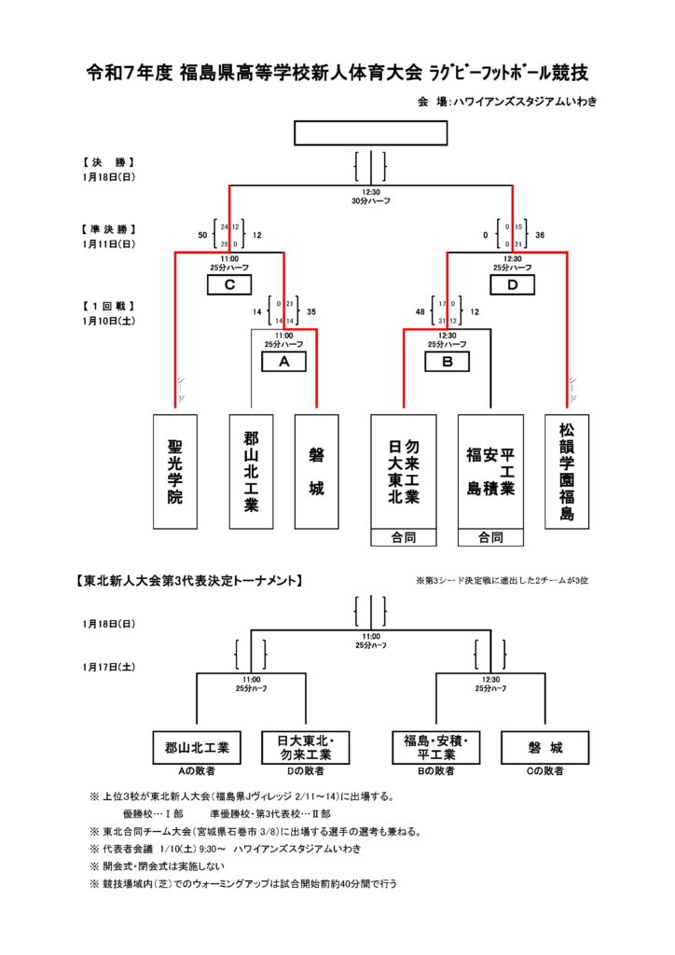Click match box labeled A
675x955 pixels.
click(284, 362)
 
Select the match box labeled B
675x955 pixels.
click(448, 362)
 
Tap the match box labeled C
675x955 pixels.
click(229, 284)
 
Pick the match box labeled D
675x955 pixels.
click(512, 284)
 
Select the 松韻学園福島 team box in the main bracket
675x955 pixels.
click(567, 472)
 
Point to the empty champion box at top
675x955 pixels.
click(370, 132)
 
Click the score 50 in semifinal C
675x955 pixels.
click(202, 235)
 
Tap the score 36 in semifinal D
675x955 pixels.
click(540, 235)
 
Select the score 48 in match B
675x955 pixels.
click(421, 312)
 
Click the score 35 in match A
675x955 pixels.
click(310, 312)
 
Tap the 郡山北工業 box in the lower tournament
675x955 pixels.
click(197, 747)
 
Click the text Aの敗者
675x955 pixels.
click(197, 771)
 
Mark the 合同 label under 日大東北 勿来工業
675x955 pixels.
click(404, 537)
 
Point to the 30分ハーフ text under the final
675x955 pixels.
click(370, 201)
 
